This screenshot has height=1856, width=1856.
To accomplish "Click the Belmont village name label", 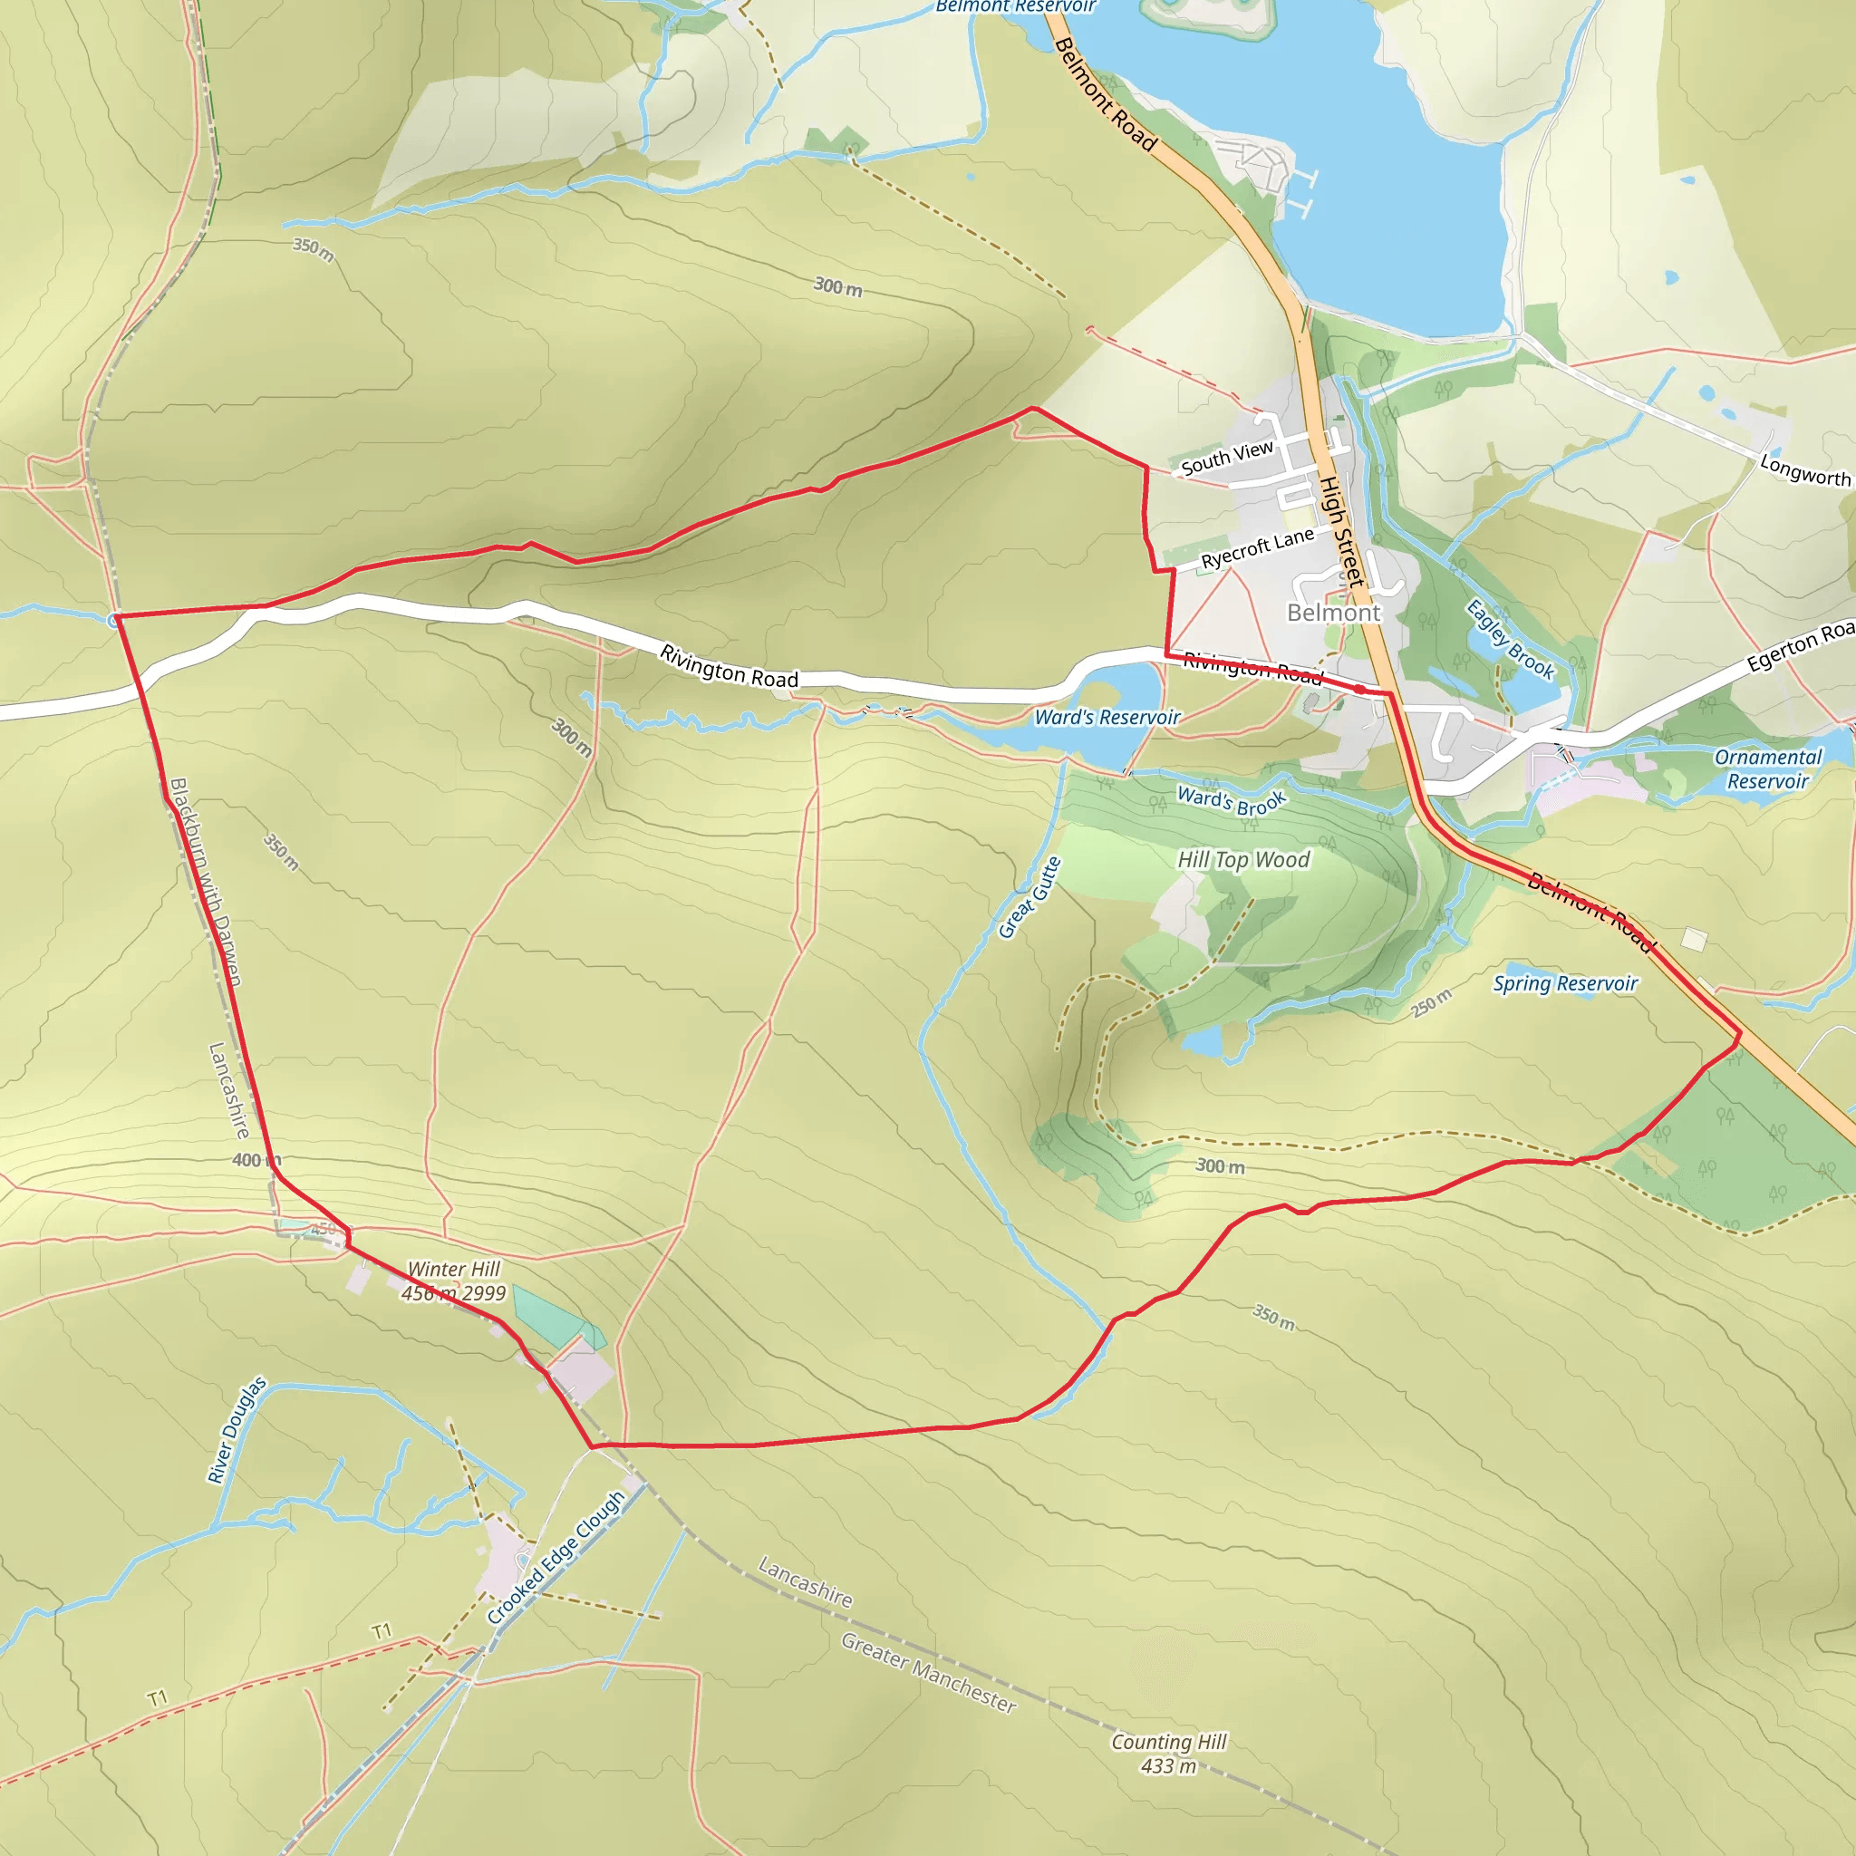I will tap(1332, 613).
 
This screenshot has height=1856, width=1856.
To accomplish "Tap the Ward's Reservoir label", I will tap(1107, 718).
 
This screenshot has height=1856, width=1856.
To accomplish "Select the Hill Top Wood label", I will tap(1243, 860).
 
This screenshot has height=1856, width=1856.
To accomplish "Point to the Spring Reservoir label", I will tap(1565, 983).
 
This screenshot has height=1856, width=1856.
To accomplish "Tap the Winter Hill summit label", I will tap(453, 1281).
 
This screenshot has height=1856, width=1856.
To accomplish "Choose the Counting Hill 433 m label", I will tap(1168, 1754).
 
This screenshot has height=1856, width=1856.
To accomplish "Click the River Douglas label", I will tap(237, 1430).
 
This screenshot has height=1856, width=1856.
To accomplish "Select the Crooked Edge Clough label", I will tap(556, 1557).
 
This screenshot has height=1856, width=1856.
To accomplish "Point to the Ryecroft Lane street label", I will tap(1257, 548).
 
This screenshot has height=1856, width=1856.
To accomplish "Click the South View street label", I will tap(1227, 459).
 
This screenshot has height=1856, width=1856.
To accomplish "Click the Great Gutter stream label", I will tap(1029, 897).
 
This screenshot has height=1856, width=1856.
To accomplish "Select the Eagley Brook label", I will tap(1509, 640).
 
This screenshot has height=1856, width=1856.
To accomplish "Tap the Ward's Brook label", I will tap(1231, 801).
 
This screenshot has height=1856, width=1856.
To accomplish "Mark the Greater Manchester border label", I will tap(928, 1673).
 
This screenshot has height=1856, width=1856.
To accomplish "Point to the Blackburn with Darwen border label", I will tap(205, 882).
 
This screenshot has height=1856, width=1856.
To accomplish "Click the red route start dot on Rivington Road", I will tap(1359, 689).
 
